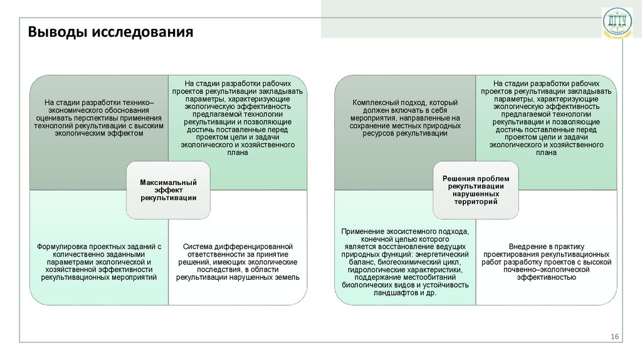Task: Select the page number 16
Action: (x=614, y=338)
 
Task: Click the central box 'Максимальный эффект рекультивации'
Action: (x=168, y=189)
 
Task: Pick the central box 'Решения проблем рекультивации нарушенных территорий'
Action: (x=475, y=190)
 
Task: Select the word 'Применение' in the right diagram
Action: (x=361, y=233)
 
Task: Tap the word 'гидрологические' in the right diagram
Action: (x=377, y=270)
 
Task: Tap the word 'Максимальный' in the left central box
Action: (x=168, y=183)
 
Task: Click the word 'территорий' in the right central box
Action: (x=475, y=203)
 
